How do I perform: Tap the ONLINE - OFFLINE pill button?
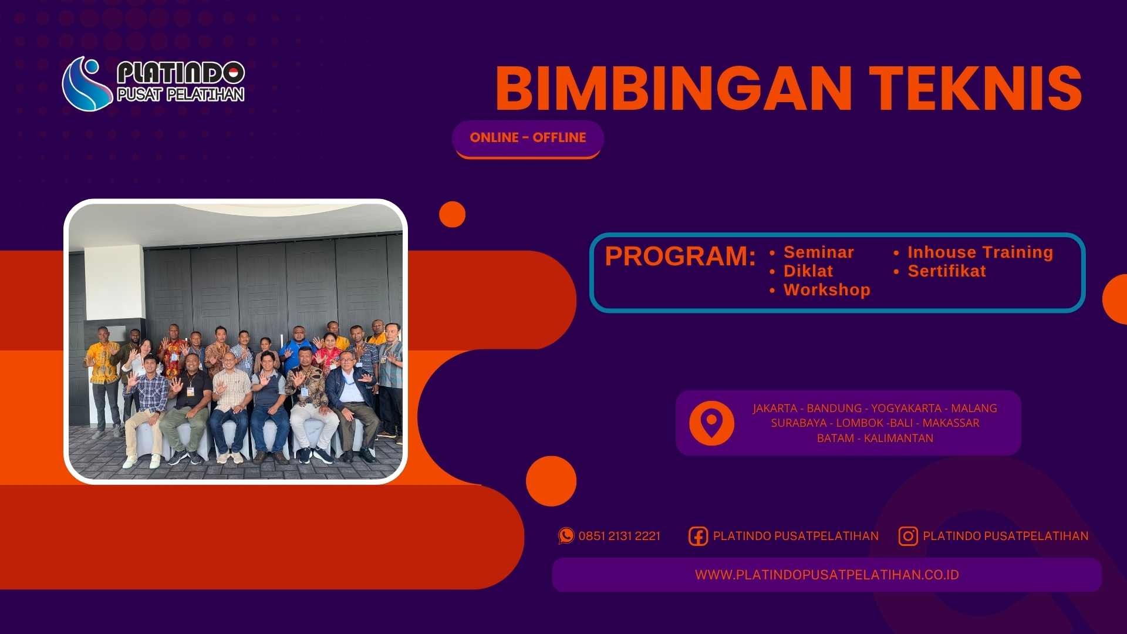pyautogui.click(x=528, y=138)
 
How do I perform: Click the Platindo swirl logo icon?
pyautogui.click(x=86, y=84)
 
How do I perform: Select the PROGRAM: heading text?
pyautogui.click(x=680, y=257)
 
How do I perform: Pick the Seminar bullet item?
pyautogui.click(x=818, y=252)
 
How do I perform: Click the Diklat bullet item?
pyautogui.click(x=808, y=271)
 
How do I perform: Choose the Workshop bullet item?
pyautogui.click(x=826, y=290)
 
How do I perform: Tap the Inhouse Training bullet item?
pyautogui.click(x=980, y=252)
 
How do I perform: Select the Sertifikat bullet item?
pyautogui.click(x=946, y=271)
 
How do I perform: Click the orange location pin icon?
pyautogui.click(x=711, y=423)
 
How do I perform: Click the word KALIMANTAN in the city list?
pyautogui.click(x=898, y=438)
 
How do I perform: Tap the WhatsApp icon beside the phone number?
pyautogui.click(x=566, y=535)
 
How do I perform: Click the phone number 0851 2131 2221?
pyautogui.click(x=619, y=536)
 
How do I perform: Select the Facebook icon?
pyautogui.click(x=698, y=536)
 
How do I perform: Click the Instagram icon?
pyautogui.click(x=907, y=536)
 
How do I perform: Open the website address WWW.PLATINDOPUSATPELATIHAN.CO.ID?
pyautogui.click(x=826, y=575)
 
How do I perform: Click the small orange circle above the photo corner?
pyautogui.click(x=452, y=214)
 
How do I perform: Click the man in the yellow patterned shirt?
pyautogui.click(x=104, y=364)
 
